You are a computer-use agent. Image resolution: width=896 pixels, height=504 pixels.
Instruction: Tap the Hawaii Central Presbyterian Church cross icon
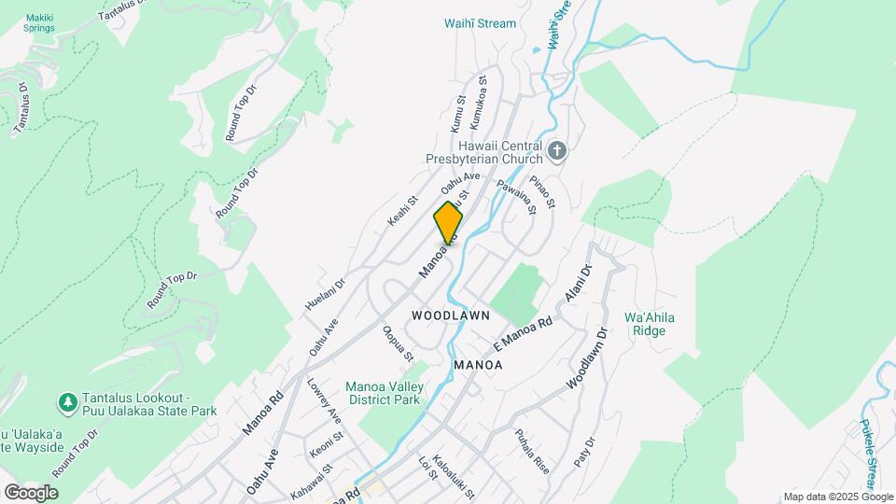tap(557, 151)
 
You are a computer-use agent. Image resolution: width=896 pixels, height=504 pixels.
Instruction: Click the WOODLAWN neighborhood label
tap(450, 315)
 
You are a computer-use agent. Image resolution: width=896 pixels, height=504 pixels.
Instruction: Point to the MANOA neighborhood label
tap(478, 365)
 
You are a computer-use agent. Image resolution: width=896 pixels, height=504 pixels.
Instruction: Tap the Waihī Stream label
tap(481, 23)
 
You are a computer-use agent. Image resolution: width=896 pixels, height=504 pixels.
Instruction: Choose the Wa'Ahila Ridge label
tap(651, 324)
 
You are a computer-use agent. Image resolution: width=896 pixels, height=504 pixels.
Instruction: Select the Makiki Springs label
tap(39, 22)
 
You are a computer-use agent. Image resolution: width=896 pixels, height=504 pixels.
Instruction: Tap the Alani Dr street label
tap(579, 284)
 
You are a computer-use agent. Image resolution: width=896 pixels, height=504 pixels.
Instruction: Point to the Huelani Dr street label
tap(326, 292)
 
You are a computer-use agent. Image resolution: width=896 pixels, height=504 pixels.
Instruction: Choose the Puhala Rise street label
tap(533, 452)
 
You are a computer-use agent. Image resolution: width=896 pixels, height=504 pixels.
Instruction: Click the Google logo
tap(31, 493)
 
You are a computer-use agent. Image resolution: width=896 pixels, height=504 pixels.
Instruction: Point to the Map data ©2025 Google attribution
tap(838, 497)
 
